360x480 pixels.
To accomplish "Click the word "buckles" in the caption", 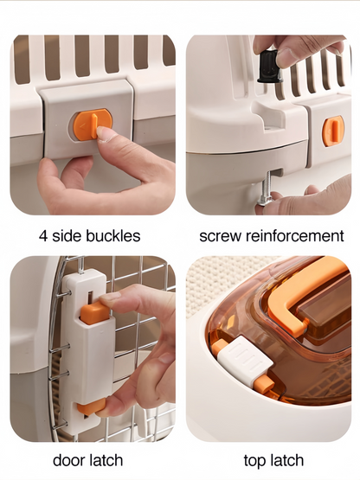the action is [x=113, y=236].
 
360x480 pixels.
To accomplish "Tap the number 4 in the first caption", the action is [x=43, y=236].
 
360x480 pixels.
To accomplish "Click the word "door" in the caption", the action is [x=68, y=460].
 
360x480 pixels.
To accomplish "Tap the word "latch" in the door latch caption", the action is [x=106, y=460].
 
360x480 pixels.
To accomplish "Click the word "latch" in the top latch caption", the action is [x=286, y=460].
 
